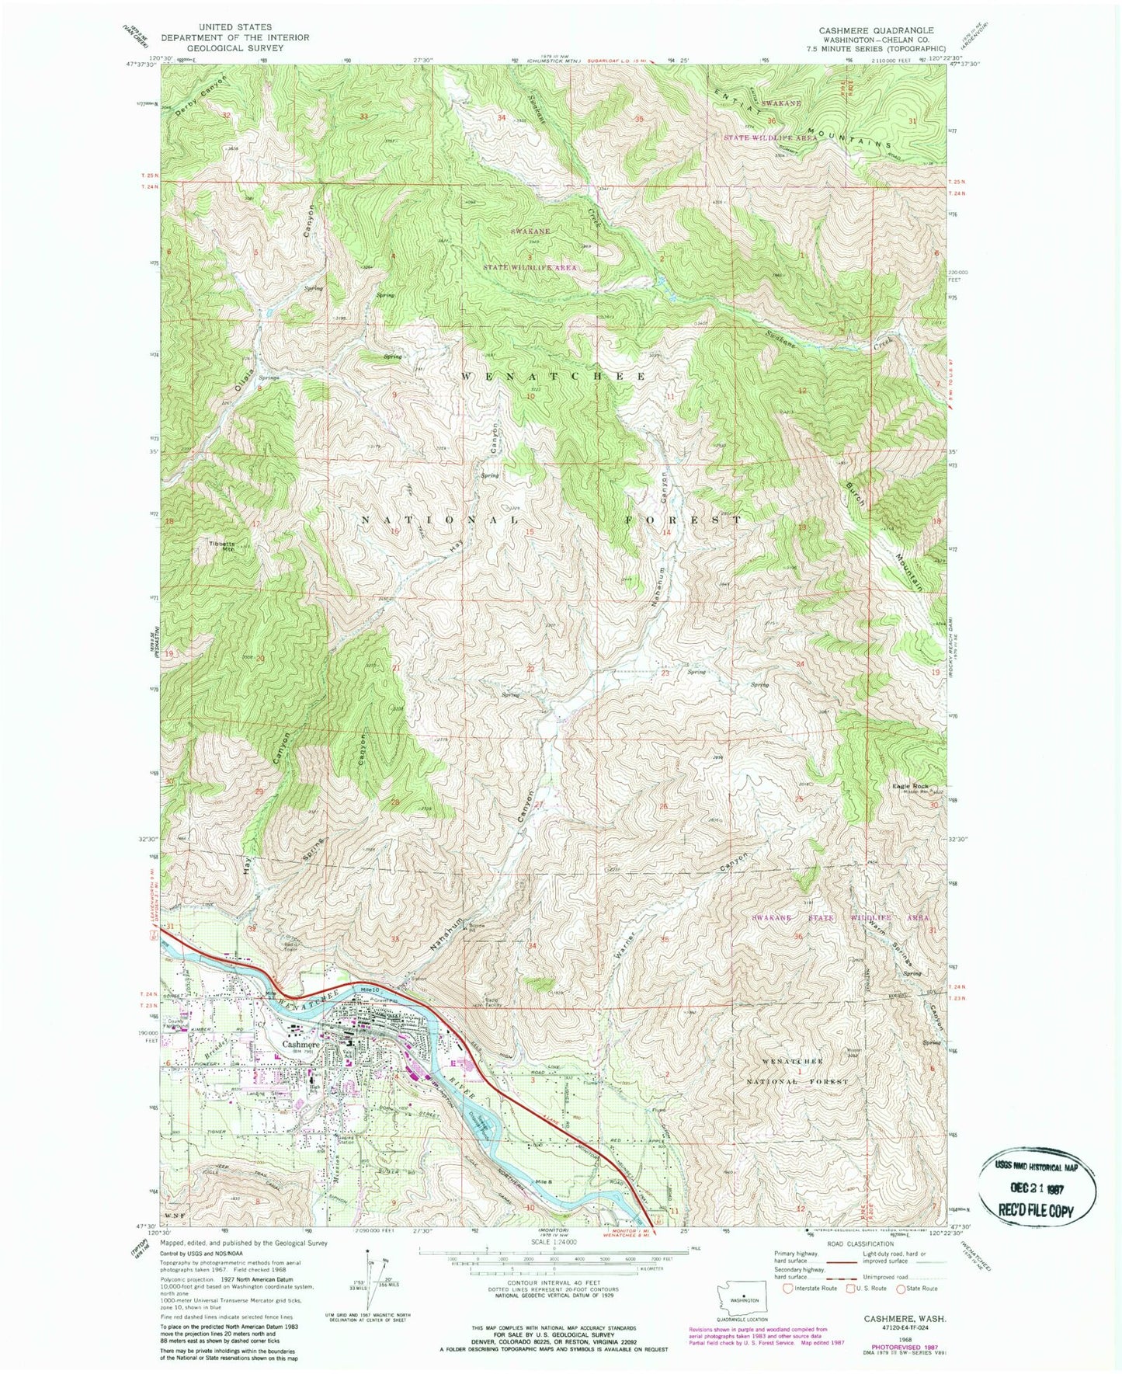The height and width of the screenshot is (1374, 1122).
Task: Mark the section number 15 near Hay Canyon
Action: pyautogui.click(x=530, y=532)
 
